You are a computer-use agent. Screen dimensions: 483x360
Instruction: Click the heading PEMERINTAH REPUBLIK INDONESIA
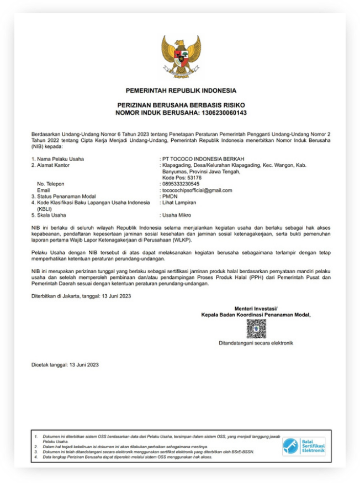181,91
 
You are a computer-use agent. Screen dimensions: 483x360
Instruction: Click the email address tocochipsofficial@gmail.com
197,190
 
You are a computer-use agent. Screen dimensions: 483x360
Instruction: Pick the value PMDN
170,196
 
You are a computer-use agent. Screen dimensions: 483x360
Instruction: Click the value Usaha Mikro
177,215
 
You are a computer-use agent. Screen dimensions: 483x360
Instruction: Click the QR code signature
256,329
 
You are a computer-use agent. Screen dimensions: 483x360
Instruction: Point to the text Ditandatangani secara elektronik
256,343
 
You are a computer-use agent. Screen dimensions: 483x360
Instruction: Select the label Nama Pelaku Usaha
58,159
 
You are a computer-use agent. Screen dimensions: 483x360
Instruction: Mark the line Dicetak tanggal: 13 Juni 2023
65,365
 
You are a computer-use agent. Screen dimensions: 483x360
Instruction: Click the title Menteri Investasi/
256,308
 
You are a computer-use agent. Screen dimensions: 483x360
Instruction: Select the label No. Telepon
51,184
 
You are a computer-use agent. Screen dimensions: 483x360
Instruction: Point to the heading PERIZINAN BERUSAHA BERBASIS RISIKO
181,105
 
